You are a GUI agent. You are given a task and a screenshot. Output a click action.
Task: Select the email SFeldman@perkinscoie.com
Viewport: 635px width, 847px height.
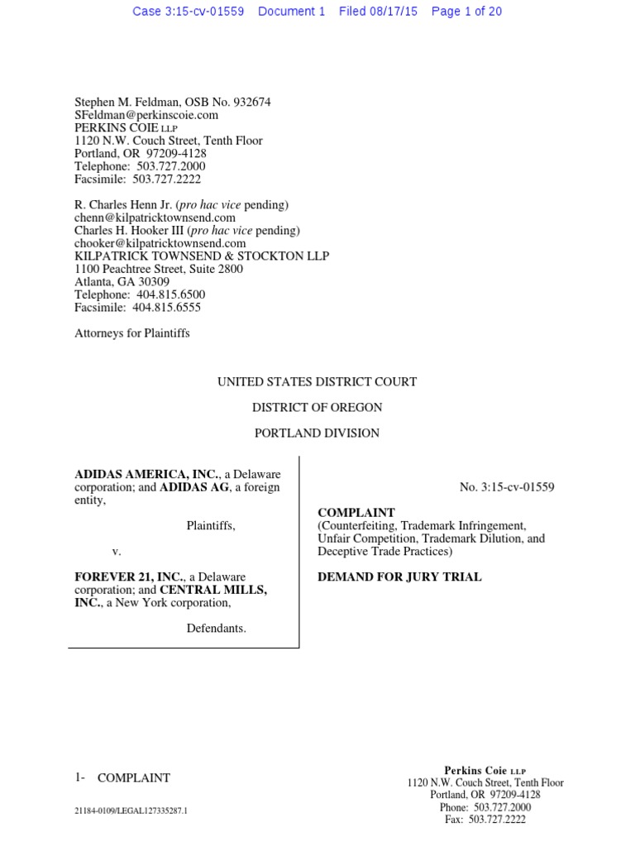(x=146, y=115)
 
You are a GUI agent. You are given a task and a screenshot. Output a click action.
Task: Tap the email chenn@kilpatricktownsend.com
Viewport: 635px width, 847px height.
(x=149, y=218)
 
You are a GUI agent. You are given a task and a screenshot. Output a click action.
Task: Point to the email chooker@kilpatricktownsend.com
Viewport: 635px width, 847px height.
(x=160, y=243)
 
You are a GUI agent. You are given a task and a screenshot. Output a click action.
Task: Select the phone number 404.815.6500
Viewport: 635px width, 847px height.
(x=169, y=294)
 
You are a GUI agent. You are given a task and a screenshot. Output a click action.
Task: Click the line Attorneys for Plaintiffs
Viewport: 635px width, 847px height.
(x=132, y=333)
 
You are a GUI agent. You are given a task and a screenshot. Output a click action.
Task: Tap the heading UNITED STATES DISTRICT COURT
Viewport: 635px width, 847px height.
(x=317, y=382)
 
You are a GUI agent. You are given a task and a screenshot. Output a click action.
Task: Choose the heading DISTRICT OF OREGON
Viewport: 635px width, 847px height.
(x=317, y=407)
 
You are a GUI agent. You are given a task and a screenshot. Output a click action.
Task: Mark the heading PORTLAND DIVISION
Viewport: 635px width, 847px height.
(x=317, y=433)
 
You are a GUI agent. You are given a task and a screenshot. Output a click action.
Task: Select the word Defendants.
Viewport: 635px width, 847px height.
(x=216, y=628)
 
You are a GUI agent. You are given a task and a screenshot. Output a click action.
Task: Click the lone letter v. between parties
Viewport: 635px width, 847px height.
(x=117, y=551)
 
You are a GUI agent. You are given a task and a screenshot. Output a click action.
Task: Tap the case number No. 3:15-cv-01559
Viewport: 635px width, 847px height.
(x=507, y=487)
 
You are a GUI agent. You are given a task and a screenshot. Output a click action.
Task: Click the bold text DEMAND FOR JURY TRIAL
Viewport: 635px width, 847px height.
(x=399, y=577)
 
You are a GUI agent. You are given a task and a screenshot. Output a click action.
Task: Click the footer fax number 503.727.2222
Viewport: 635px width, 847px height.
(x=497, y=820)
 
